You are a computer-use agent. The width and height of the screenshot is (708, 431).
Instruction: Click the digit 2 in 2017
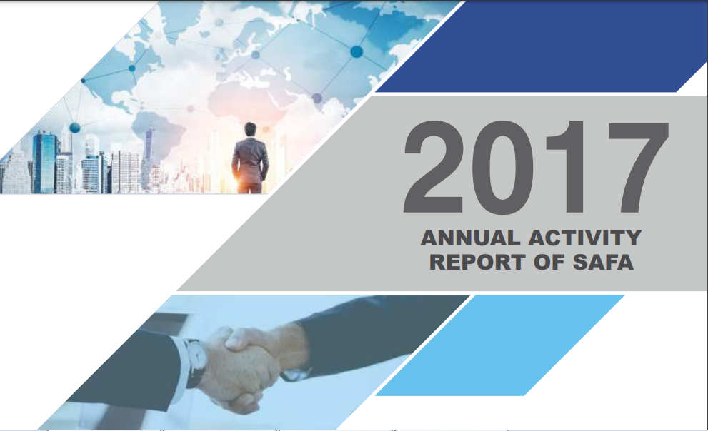(x=434, y=167)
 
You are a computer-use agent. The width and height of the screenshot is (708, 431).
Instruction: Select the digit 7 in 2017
(x=638, y=168)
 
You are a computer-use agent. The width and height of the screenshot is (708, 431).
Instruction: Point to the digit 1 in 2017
(x=568, y=167)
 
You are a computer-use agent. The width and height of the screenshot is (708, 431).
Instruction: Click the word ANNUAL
(x=470, y=238)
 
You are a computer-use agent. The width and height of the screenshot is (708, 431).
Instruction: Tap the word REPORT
(x=477, y=262)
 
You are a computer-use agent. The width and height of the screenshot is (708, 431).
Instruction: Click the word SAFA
(x=603, y=262)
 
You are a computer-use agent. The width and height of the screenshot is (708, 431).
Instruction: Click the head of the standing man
(x=250, y=129)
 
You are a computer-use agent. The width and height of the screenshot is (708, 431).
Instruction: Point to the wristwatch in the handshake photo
(x=196, y=360)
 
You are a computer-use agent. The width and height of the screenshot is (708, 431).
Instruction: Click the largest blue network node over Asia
(x=357, y=51)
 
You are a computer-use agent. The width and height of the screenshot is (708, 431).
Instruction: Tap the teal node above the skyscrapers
(x=75, y=128)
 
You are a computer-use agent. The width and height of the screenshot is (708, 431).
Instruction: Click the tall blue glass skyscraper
(x=45, y=162)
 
